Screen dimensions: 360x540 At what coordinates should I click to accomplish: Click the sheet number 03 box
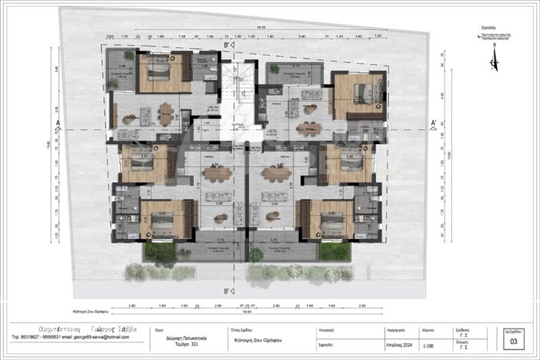pos(514,342)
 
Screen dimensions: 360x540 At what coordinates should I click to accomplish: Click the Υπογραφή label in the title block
pos(303,326)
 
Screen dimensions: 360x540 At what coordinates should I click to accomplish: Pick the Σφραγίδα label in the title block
pos(303,345)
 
